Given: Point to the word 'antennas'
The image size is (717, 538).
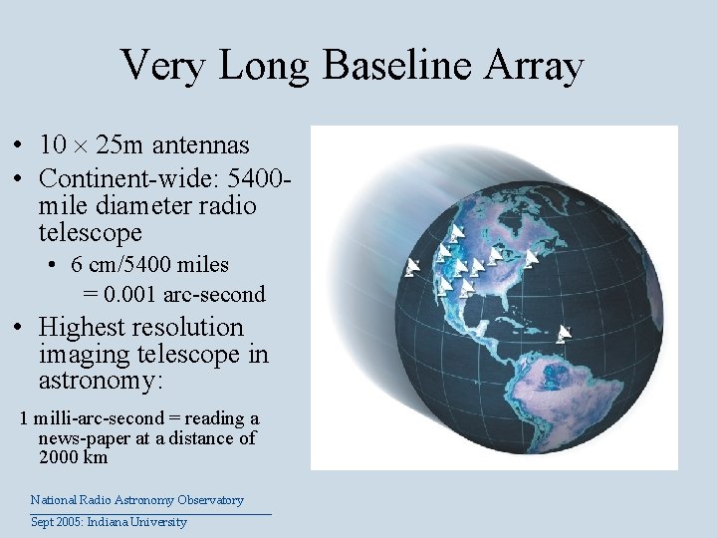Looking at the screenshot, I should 201,145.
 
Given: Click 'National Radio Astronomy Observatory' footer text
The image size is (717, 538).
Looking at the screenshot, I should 136,500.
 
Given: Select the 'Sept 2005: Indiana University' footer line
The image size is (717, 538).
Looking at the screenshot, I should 109,522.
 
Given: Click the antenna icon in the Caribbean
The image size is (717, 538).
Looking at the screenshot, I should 565,333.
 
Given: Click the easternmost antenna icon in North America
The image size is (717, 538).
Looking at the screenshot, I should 532,258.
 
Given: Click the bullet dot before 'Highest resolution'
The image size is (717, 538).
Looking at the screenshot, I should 20,328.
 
